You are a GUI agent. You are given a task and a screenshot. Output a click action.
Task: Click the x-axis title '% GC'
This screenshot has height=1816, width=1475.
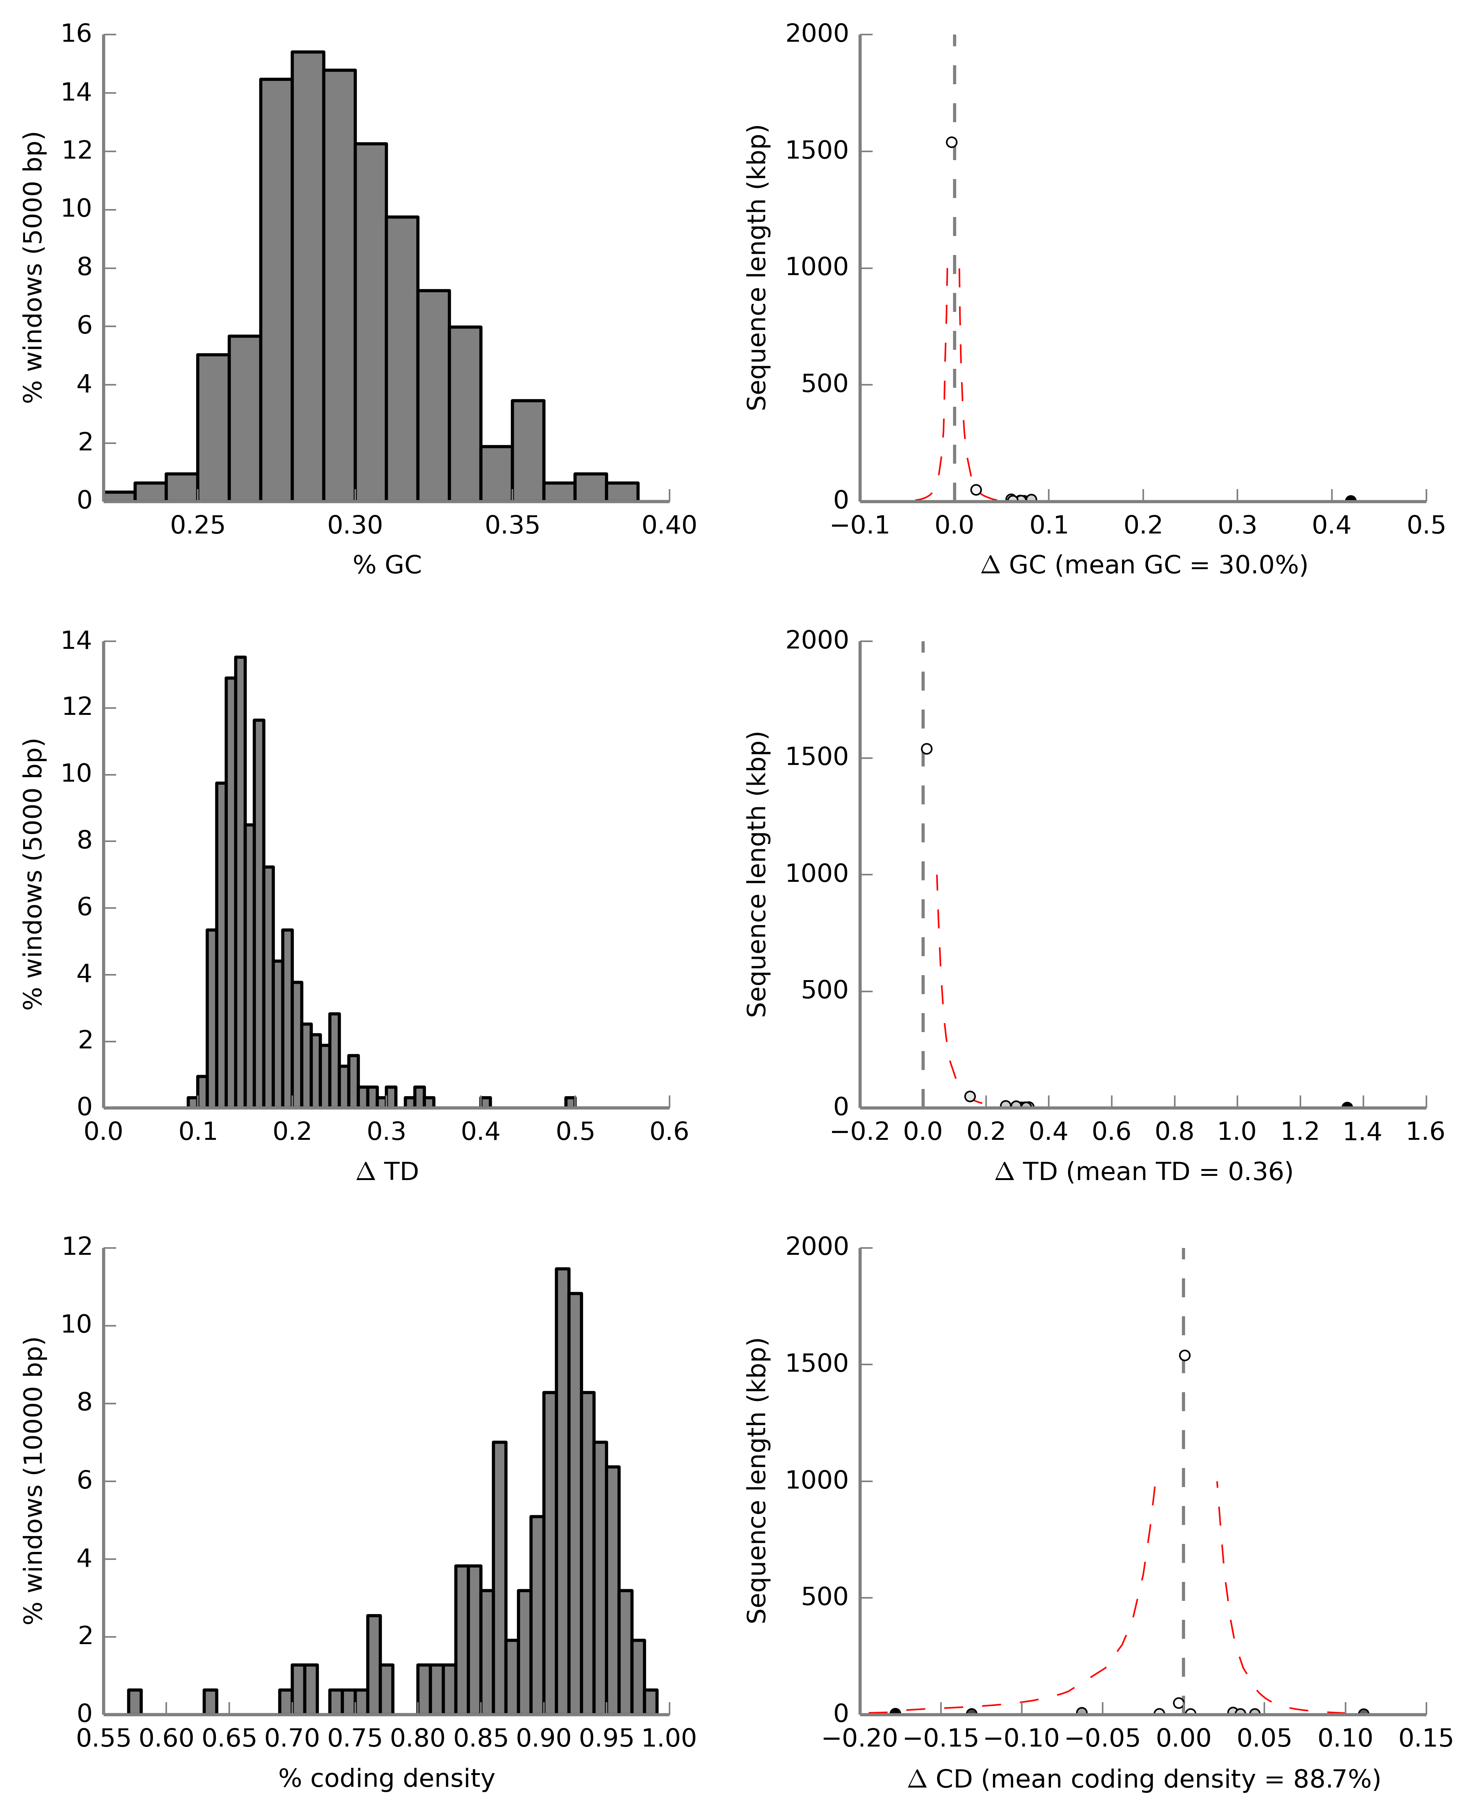coord(388,565)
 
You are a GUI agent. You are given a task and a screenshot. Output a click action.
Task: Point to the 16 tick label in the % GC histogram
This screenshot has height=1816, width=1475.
coord(76,34)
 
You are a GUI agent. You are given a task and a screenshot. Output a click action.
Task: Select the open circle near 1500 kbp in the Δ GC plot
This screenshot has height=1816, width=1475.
coord(952,143)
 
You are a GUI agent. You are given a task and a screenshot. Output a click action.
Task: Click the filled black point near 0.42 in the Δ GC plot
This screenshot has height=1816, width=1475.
coord(1350,500)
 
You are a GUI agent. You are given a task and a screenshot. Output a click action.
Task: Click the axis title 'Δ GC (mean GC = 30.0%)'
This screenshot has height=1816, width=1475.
coord(1144,565)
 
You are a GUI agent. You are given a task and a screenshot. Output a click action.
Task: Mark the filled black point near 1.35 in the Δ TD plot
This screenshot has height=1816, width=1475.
coord(1347,1107)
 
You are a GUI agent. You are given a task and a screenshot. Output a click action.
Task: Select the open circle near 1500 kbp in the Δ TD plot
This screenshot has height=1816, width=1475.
coord(927,749)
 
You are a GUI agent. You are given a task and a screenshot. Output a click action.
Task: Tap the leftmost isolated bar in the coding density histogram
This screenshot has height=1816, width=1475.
coord(134,1701)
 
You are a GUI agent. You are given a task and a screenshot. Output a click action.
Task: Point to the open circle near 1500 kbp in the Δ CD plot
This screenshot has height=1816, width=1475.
coord(1184,1356)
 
